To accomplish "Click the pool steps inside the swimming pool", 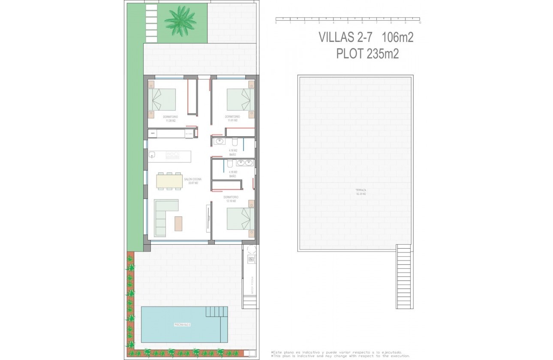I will tap(216, 311).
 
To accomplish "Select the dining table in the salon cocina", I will tap(169, 181).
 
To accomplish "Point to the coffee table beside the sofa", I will tap(178, 223).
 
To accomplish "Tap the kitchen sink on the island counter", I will tap(152, 155).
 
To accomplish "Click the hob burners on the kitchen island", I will tap(173, 155).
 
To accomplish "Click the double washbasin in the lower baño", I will tap(245, 163).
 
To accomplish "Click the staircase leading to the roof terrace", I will tap(404, 276).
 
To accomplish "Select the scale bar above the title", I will tap(348, 19).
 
